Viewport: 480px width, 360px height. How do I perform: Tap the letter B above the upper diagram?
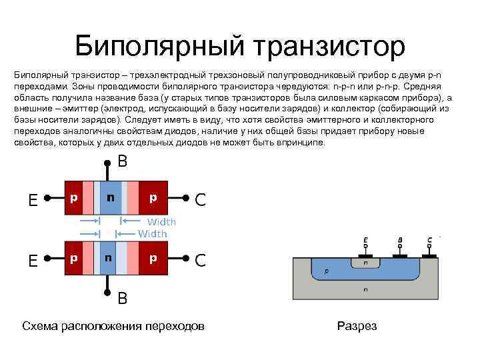coord(123,161)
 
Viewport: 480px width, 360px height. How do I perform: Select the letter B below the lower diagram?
coord(123,298)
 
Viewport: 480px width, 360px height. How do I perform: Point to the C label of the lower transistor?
coord(200,261)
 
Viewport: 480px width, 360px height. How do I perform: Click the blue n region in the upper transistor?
coord(110,197)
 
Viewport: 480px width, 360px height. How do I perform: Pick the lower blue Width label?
coord(153,233)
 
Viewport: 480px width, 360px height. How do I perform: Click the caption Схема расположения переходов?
coord(113,326)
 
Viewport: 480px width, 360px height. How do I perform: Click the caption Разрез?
coord(357,326)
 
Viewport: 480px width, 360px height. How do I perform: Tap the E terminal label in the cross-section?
coord(365,240)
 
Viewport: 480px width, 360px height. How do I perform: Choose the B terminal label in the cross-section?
coord(399,240)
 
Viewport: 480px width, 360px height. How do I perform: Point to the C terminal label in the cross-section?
coord(430,240)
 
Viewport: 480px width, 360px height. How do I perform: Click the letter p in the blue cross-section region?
coord(326,272)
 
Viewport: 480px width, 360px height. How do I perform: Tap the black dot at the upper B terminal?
coord(107,162)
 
